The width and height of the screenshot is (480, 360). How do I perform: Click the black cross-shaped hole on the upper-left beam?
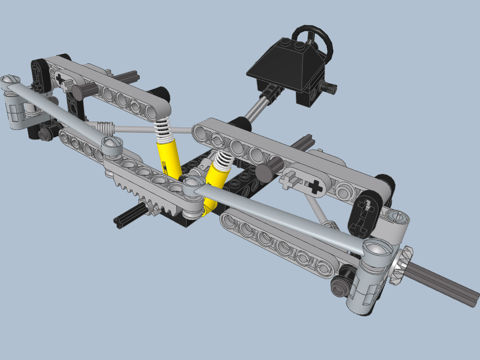(60, 77)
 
